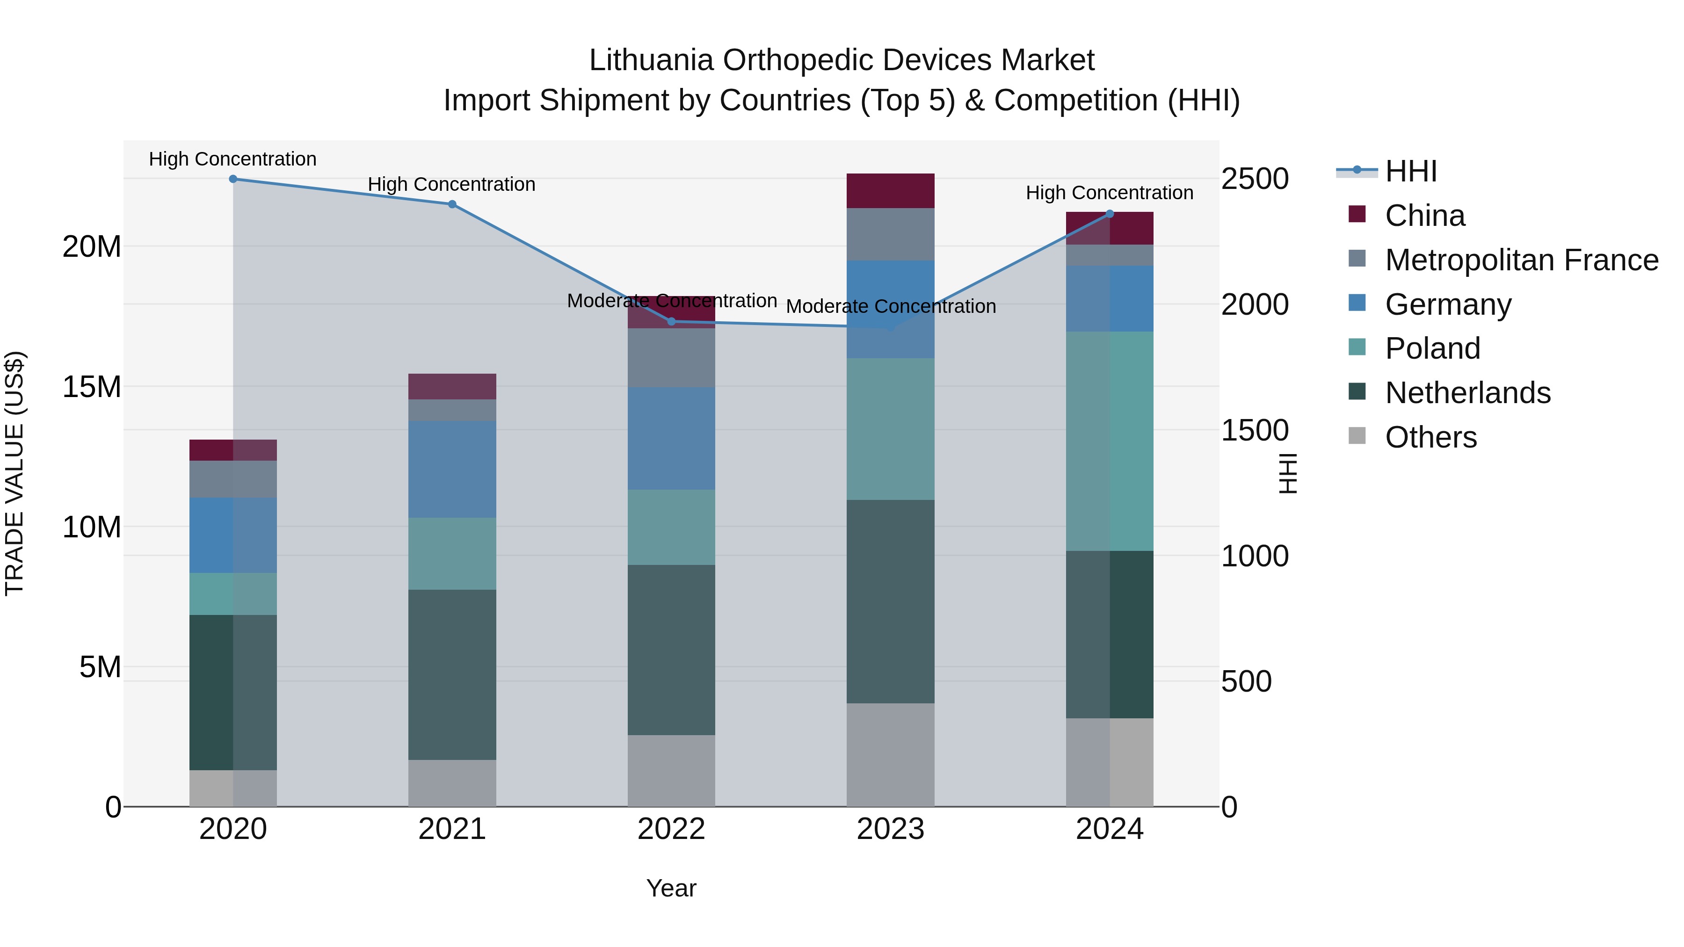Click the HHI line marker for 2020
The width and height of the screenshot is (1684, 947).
pos(233,179)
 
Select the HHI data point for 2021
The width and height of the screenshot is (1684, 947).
pos(452,204)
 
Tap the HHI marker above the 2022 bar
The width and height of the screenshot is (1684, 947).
pos(671,322)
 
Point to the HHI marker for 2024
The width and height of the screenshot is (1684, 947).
pos(1110,214)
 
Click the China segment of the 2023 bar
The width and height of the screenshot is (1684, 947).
pos(890,191)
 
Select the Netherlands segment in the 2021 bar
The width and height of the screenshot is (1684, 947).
pos(452,674)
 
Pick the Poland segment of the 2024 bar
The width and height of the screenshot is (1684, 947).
pos(1110,441)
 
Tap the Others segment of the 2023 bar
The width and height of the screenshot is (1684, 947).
pos(890,755)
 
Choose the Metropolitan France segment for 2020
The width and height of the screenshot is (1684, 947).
pos(233,479)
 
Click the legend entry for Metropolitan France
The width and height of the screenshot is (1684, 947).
pos(1521,260)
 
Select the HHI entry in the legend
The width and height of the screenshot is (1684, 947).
pos(1410,171)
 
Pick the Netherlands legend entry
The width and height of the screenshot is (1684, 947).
pos(1467,393)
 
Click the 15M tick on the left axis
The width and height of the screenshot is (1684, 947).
pos(92,387)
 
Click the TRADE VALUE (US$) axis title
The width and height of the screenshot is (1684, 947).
pos(15,473)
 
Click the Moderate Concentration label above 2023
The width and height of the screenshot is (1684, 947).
pos(890,306)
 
